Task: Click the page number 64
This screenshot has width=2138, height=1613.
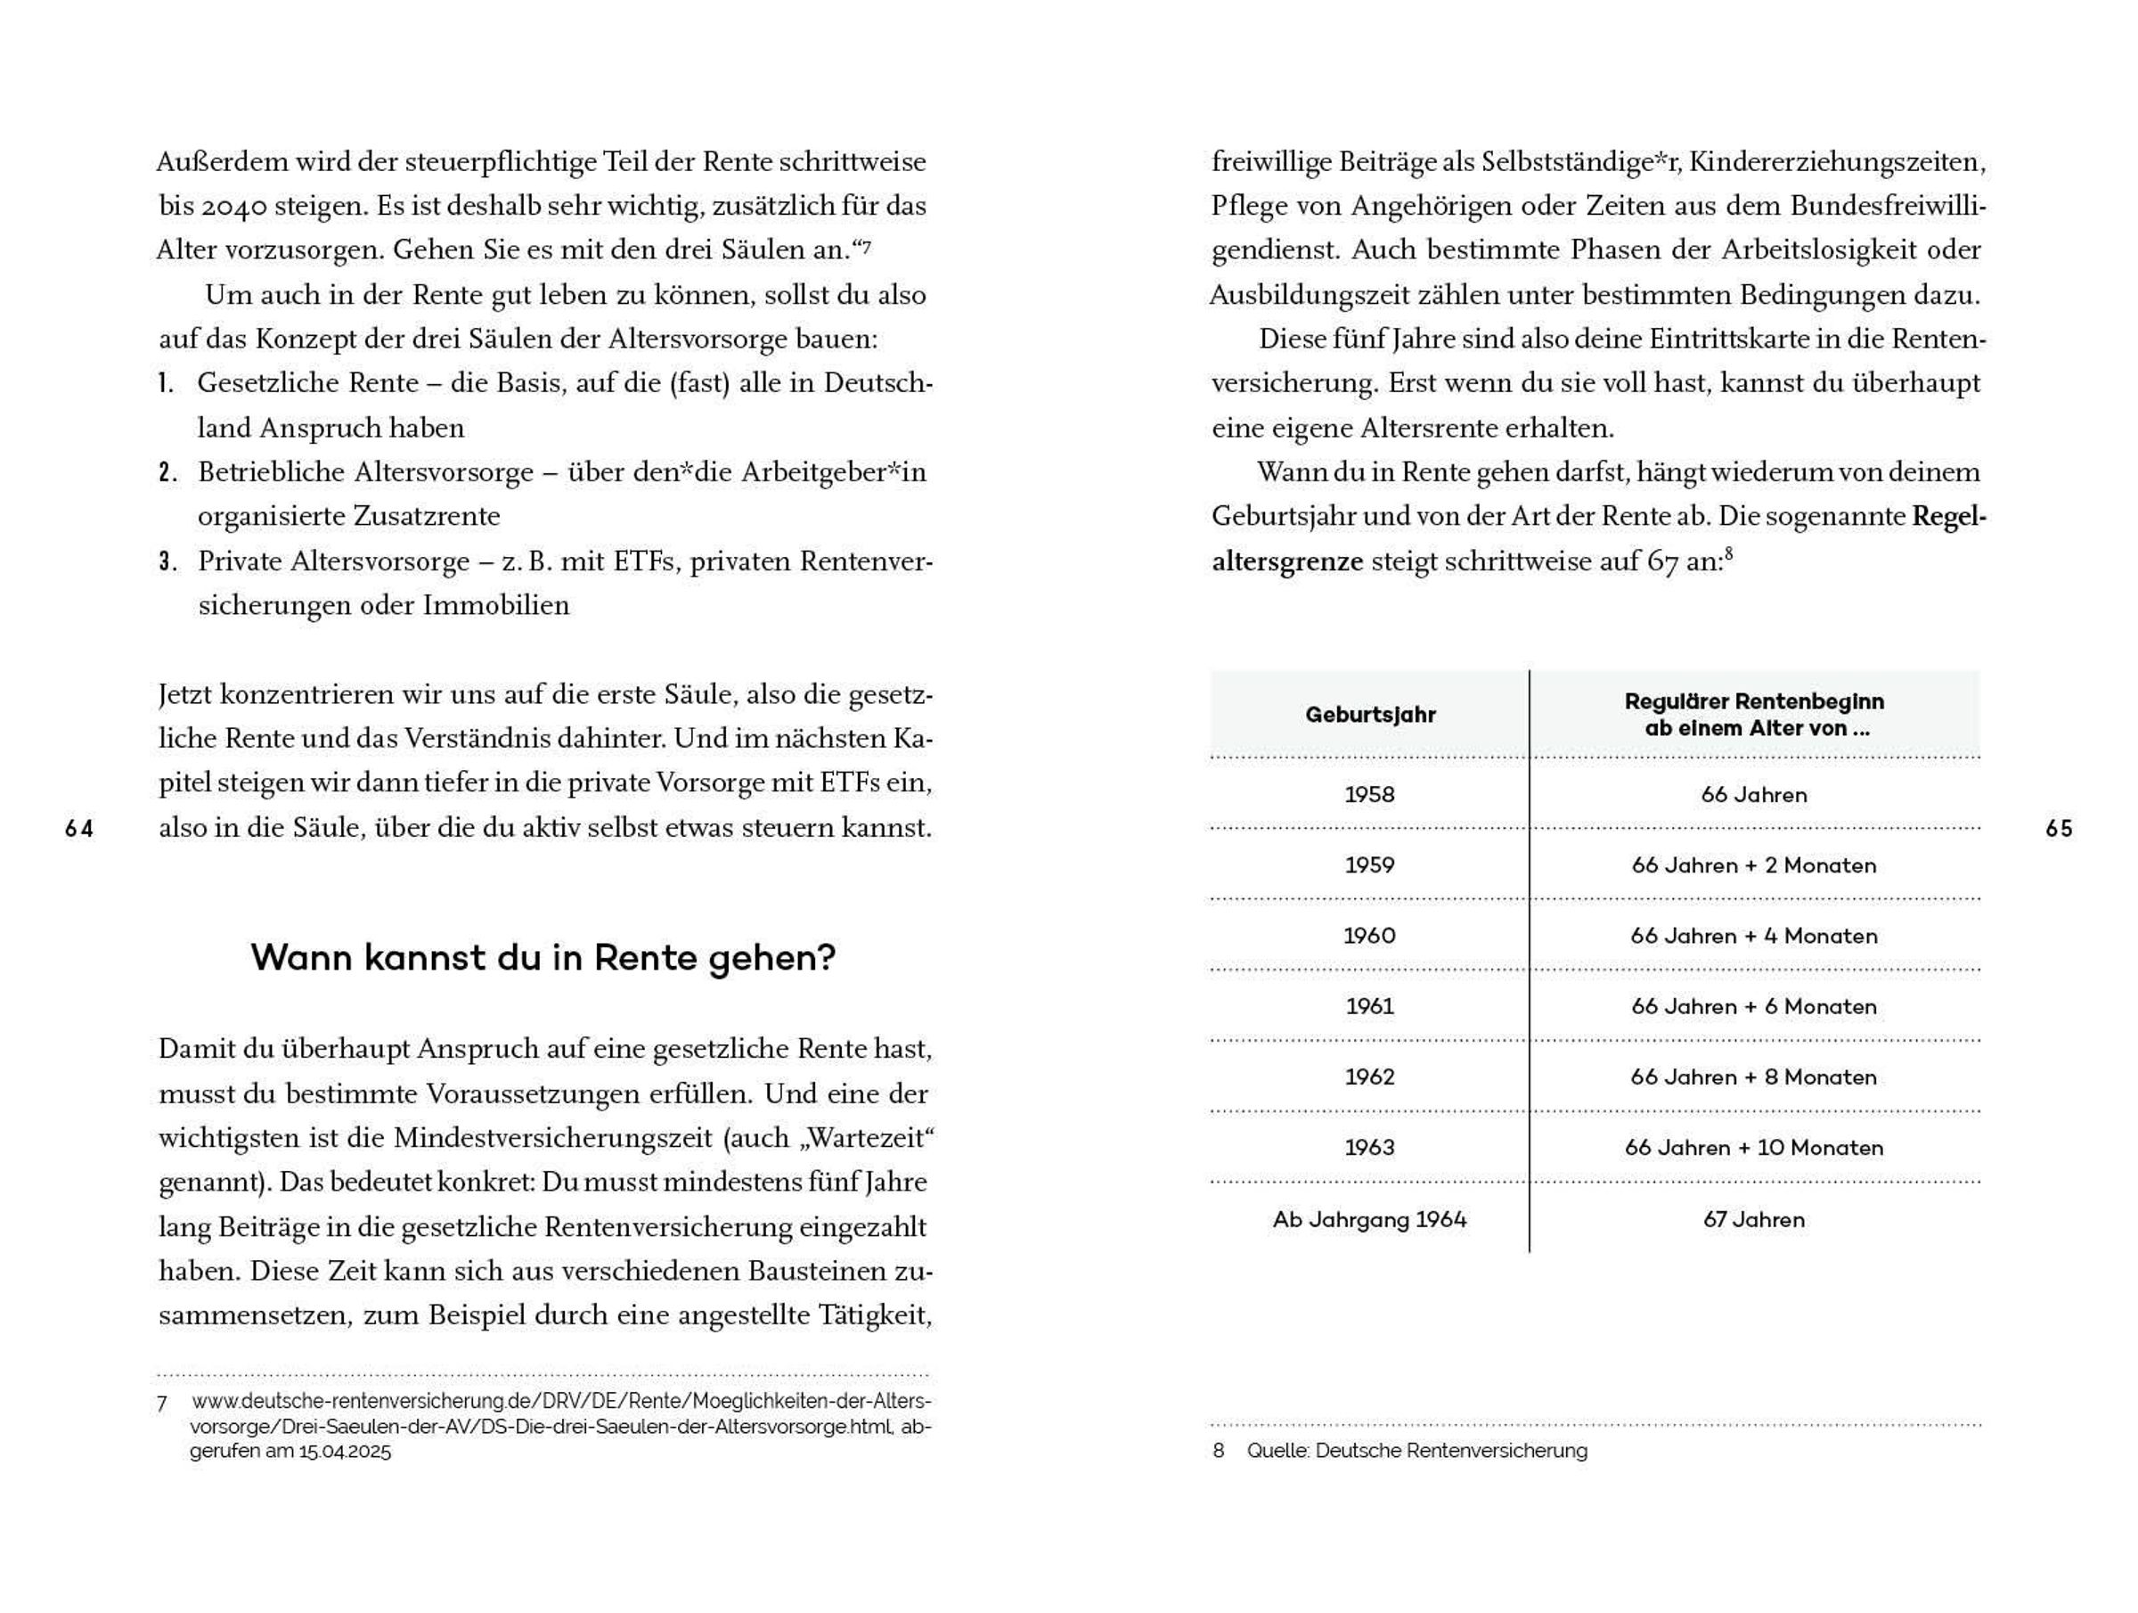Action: (x=79, y=829)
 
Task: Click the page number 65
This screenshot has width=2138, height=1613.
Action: (x=2059, y=829)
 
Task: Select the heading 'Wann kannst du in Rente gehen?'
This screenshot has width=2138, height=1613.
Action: (x=543, y=958)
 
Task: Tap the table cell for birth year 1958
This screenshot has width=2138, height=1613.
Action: (x=1369, y=795)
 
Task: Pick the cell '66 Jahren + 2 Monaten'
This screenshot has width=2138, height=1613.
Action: (x=1753, y=865)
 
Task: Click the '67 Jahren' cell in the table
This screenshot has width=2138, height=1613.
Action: (x=1753, y=1219)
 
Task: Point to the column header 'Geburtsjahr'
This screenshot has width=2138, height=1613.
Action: (x=1369, y=716)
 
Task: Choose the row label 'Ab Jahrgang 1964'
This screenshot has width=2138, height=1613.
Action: (x=1369, y=1219)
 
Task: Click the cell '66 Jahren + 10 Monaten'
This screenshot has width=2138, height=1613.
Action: (x=1753, y=1148)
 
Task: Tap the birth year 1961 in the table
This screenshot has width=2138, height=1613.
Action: (x=1369, y=1007)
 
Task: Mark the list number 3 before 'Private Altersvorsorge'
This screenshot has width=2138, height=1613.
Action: (x=167, y=561)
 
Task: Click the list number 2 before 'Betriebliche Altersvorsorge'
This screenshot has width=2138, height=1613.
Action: (x=167, y=473)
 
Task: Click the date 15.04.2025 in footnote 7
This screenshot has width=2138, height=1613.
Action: (x=345, y=1452)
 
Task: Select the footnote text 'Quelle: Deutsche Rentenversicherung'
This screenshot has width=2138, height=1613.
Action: (x=1417, y=1451)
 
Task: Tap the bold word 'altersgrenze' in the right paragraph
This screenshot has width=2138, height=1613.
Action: (x=1287, y=561)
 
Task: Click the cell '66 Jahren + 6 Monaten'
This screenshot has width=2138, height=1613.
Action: (x=1753, y=1007)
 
